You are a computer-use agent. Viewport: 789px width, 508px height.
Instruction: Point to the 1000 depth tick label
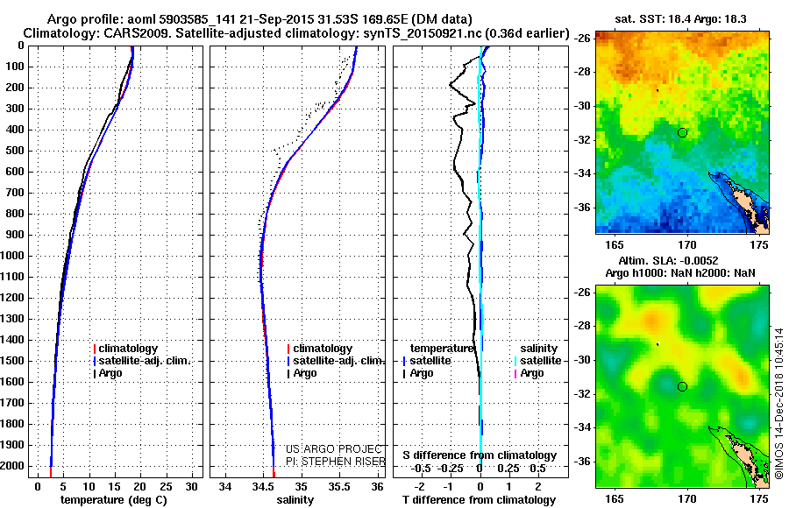(16, 256)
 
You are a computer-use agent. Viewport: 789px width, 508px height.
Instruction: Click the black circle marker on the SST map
(682, 132)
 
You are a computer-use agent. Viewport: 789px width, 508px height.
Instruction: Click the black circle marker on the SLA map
(682, 386)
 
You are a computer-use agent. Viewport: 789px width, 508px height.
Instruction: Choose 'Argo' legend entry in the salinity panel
(305, 373)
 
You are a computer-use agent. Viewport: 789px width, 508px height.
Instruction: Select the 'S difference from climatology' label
(480, 455)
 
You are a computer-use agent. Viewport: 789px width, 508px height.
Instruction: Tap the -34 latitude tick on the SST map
(581, 173)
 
